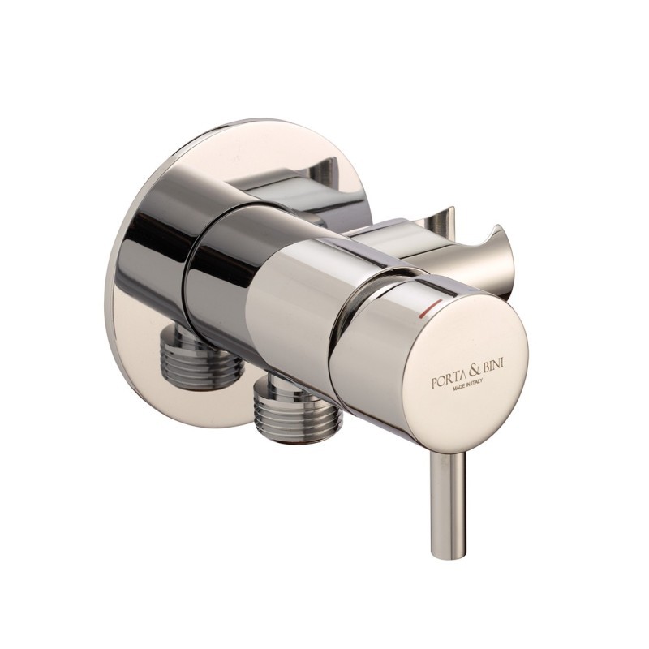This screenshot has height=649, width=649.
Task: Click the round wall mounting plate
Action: click(x=154, y=268)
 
